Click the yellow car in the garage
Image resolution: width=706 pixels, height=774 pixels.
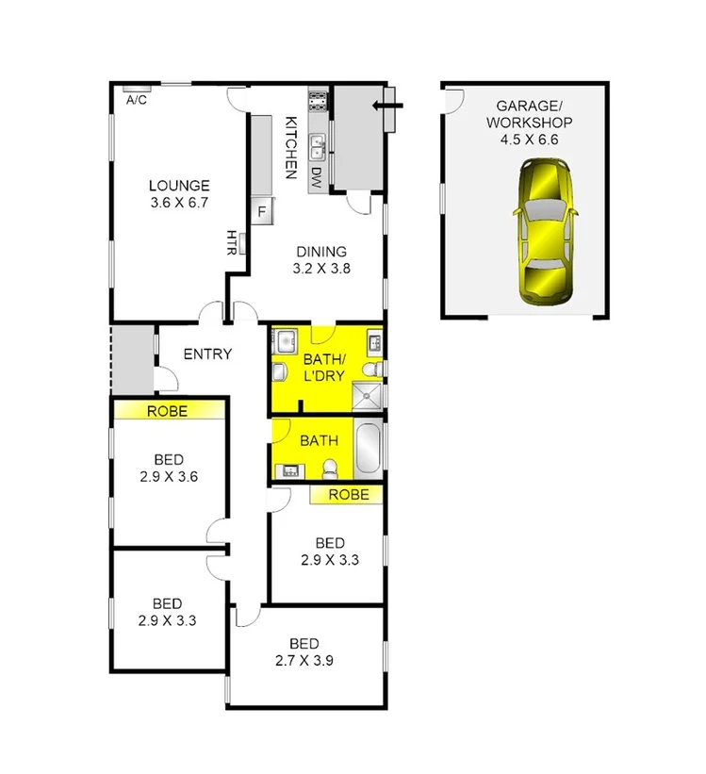pyautogui.click(x=546, y=233)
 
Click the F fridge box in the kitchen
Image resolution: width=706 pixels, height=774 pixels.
pyautogui.click(x=261, y=210)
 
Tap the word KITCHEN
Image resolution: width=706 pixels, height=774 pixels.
pyautogui.click(x=291, y=146)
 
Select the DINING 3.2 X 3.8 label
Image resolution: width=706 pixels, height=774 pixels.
pyautogui.click(x=321, y=259)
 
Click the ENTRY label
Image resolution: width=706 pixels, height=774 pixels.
pyautogui.click(x=207, y=354)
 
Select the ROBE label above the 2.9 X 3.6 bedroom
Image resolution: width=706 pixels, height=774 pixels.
pyautogui.click(x=168, y=411)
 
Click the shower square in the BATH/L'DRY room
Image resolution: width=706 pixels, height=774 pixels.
pyautogui.click(x=371, y=396)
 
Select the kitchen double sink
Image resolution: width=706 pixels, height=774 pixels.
pyautogui.click(x=319, y=146)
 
